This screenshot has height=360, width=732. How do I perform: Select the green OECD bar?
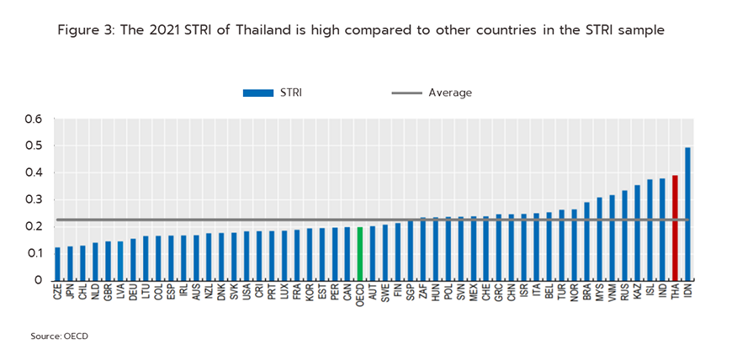360,253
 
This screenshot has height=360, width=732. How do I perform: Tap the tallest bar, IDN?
687,214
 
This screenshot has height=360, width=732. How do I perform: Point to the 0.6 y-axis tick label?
33,119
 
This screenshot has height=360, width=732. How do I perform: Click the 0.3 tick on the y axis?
33,200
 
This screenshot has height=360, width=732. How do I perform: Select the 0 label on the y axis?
38,281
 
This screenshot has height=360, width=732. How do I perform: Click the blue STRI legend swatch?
258,93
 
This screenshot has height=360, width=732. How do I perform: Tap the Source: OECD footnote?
60,336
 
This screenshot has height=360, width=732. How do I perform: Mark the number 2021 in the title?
149,30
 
